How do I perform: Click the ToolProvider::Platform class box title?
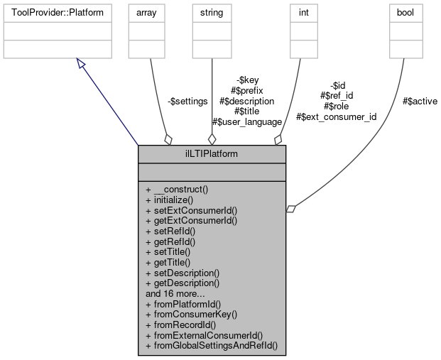pyautogui.click(x=58, y=13)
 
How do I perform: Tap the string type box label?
pyautogui.click(x=211, y=13)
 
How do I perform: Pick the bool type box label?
pyautogui.click(x=403, y=13)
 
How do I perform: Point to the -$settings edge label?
pyautogui.click(x=187, y=102)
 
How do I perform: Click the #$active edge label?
pyautogui.click(x=420, y=102)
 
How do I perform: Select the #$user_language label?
pyautogui.click(x=247, y=122)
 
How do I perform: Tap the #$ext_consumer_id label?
pyautogui.click(x=336, y=116)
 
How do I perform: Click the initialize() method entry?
pyautogui.click(x=170, y=200)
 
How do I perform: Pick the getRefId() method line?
pyautogui.click(x=170, y=241)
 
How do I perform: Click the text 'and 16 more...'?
pyautogui.click(x=176, y=293)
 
